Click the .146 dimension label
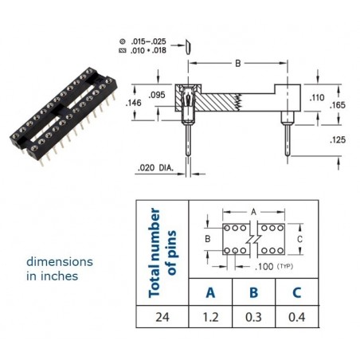[x=134, y=103]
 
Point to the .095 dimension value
[x=157, y=95]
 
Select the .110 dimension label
[x=317, y=98]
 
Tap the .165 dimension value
[x=338, y=105]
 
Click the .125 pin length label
[x=338, y=139]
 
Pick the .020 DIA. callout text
[x=155, y=168]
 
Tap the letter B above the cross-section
[x=238, y=64]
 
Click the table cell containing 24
[x=162, y=317]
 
